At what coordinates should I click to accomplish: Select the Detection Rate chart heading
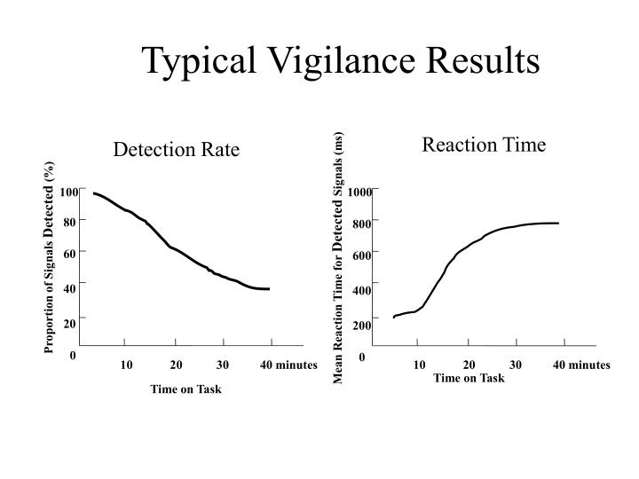[176, 150]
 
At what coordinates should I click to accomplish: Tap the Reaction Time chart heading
[484, 145]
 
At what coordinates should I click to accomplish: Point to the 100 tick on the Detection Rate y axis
[68, 192]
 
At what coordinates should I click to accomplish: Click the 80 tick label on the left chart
[70, 222]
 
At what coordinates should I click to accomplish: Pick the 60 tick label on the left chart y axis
[70, 255]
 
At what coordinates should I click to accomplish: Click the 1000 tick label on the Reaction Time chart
[359, 192]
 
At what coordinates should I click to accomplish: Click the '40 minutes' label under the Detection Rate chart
[288, 365]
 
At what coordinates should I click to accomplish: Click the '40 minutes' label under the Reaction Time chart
[581, 365]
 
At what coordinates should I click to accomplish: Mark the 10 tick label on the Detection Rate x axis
[126, 365]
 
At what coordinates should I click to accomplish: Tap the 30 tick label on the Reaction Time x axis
[516, 365]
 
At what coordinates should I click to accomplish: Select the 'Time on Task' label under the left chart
[185, 389]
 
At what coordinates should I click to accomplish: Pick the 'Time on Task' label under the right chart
[469, 378]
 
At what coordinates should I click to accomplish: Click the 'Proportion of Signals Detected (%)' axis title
[50, 257]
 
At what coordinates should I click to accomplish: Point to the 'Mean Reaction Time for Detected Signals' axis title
[338, 257]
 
